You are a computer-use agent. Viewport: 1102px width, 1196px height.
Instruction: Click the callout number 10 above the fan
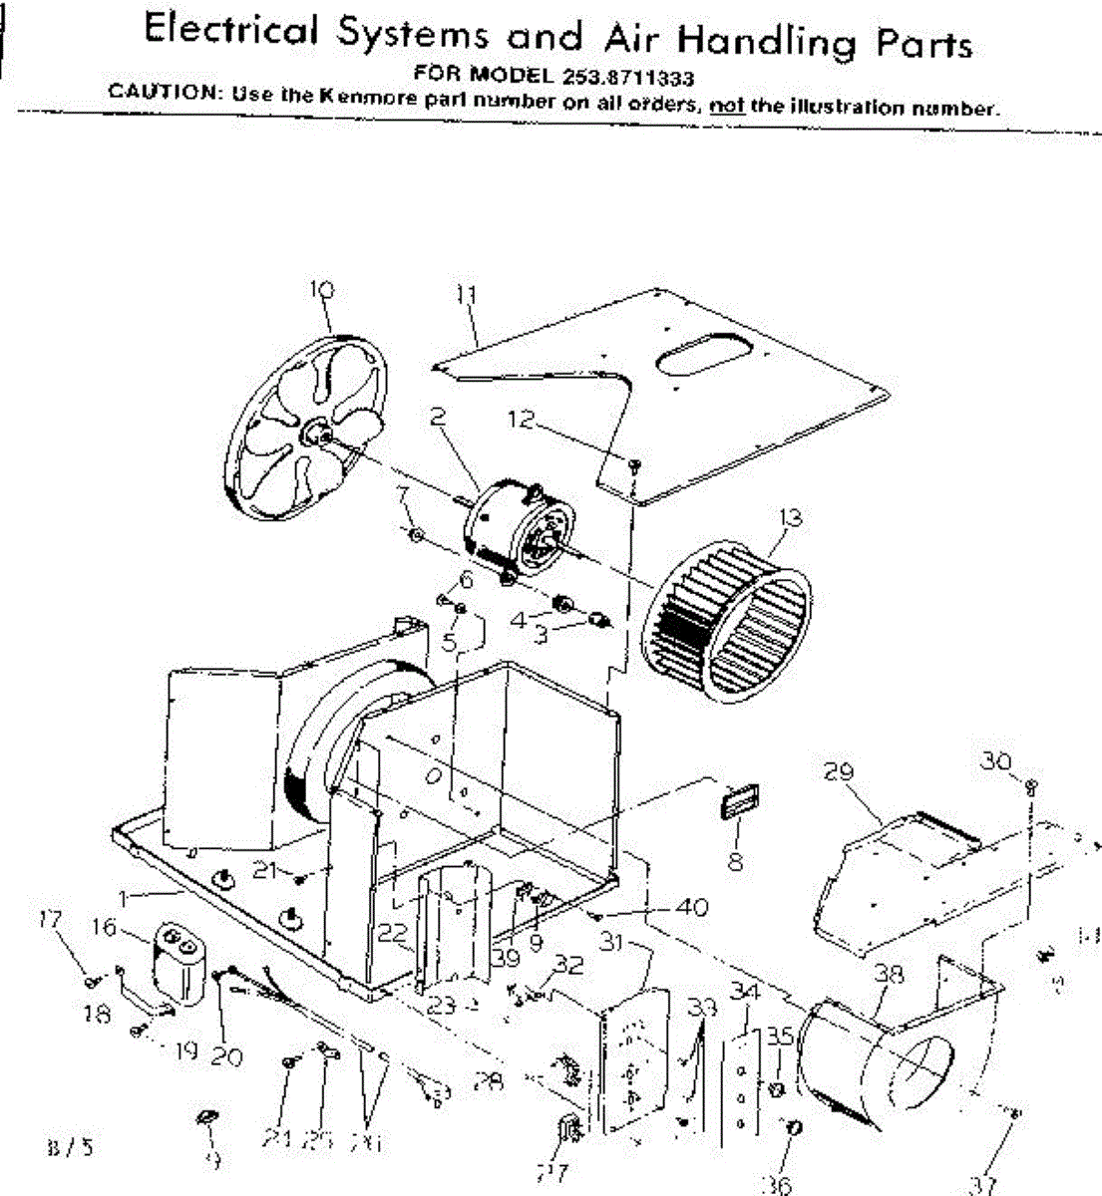(322, 290)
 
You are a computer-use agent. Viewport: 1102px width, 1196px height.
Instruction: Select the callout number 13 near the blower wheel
(791, 518)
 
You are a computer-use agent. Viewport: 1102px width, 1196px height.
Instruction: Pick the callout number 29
(842, 771)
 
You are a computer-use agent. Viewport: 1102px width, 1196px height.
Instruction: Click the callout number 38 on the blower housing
(889, 973)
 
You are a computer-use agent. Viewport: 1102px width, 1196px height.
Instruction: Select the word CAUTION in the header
(164, 92)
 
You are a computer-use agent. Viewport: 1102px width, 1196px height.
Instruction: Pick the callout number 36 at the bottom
(777, 1184)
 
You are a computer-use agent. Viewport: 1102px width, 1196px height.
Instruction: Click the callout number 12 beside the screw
(522, 420)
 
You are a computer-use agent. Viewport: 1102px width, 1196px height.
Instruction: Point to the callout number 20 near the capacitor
(226, 1056)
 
